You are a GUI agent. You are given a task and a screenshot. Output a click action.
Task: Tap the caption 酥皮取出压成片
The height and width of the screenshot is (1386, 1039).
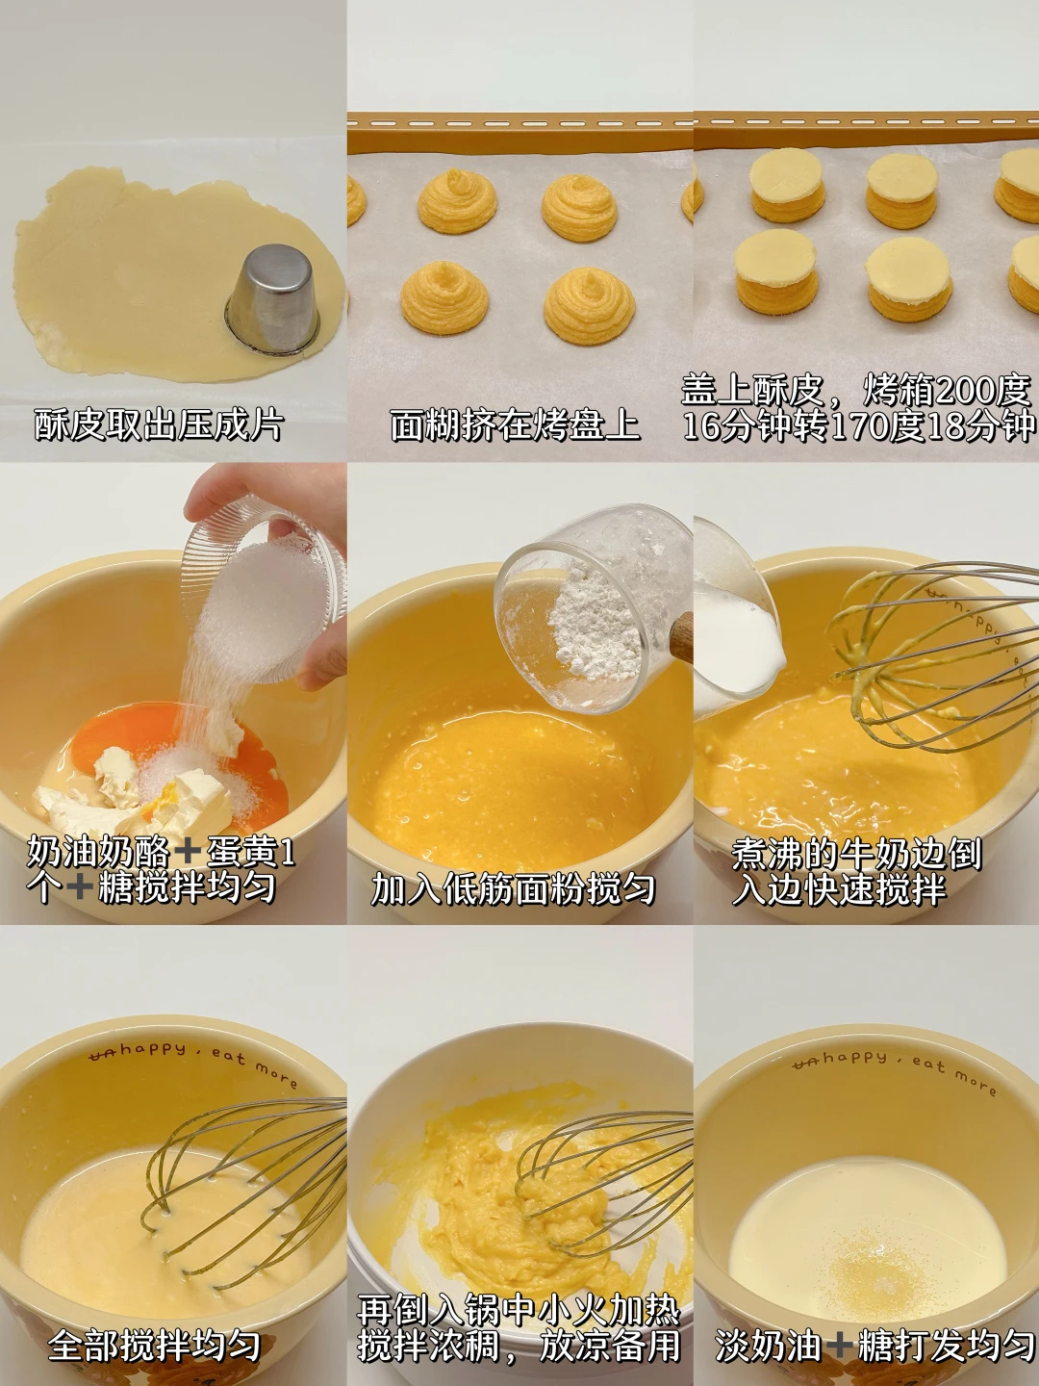point(159,425)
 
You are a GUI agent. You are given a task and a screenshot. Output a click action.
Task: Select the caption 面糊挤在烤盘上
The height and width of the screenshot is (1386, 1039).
point(515,425)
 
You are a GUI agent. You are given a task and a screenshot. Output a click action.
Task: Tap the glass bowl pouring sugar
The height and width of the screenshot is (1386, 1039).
point(264,590)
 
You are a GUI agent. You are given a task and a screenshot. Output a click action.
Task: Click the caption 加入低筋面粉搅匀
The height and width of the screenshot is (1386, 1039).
point(513,889)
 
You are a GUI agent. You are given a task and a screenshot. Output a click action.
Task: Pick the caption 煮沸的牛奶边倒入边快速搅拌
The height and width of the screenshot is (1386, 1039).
point(856,872)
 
